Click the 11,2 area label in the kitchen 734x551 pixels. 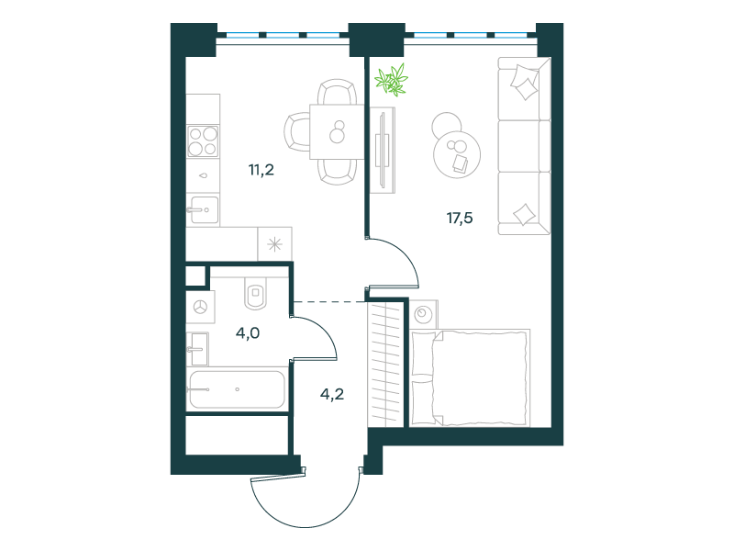[x=261, y=170]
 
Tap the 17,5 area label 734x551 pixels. [x=460, y=218]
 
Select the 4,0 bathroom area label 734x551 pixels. [x=248, y=333]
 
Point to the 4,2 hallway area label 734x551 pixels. [x=332, y=394]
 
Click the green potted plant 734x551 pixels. [x=392, y=80]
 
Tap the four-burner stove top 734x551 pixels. [x=203, y=141]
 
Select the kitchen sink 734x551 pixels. [x=203, y=210]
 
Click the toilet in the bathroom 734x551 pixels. [x=256, y=294]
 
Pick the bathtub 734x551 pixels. [x=237, y=389]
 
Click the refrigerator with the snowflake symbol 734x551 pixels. [x=274, y=244]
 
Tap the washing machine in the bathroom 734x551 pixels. [x=200, y=307]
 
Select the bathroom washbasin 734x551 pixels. [x=197, y=349]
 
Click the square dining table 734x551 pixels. [x=337, y=131]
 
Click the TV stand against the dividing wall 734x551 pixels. [x=384, y=150]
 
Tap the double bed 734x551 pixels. [x=471, y=377]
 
